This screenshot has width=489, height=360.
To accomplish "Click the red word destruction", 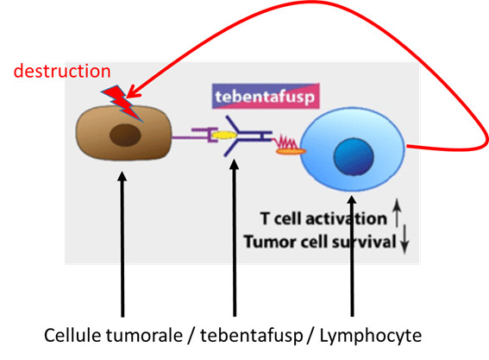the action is point(62,71).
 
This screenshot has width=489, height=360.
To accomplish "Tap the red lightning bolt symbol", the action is point(122,103).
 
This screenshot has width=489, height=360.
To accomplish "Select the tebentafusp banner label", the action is point(266,96).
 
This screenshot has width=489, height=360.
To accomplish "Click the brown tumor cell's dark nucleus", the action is point(125,135).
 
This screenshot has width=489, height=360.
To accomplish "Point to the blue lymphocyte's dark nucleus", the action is point(354,156).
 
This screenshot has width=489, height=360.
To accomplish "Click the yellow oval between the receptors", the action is point(224,135).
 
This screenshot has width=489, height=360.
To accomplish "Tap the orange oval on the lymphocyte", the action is point(291,151).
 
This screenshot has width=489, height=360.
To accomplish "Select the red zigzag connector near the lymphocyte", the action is point(285,142).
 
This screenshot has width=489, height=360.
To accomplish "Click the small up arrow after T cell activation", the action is point(397,212).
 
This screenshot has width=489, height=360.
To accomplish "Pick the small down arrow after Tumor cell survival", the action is point(404,239).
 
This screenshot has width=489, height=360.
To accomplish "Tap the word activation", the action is point(346,218).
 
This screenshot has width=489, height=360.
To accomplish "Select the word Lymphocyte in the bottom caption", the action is point(371,336).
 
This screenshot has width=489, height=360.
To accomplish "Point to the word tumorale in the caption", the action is point(144,336).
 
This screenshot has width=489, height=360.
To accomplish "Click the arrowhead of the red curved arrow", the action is point(133,92).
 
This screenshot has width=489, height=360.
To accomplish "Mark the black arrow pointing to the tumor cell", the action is point(122,244).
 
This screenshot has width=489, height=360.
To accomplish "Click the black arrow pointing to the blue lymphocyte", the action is point(352,256).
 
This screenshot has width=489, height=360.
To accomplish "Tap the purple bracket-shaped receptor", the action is point(203,135).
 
